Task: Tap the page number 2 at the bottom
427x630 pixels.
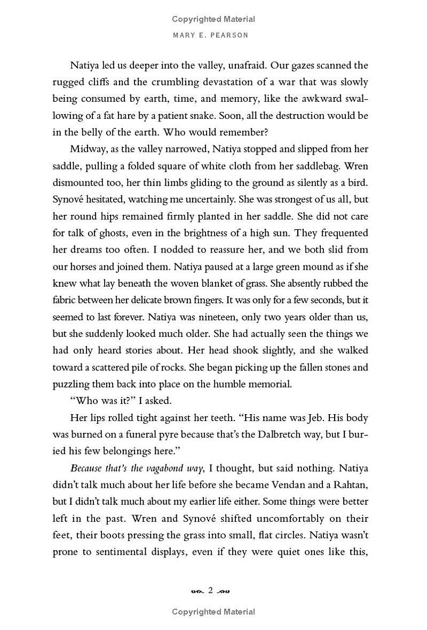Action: point(211,590)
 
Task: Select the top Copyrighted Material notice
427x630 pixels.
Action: point(213,19)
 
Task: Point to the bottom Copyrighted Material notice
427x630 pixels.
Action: point(213,612)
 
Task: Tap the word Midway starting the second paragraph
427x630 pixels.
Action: point(89,149)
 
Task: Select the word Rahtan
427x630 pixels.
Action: point(349,485)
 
